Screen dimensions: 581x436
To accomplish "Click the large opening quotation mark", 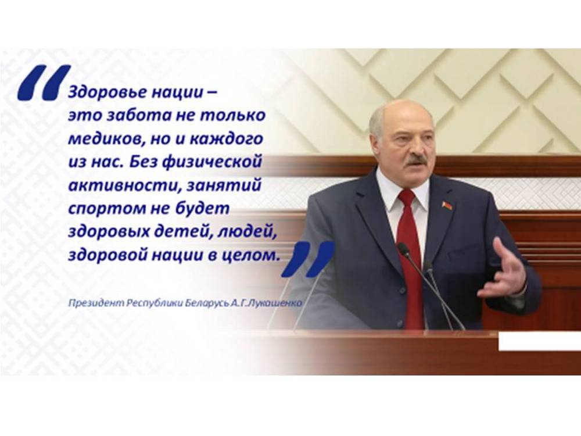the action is click(x=44, y=83).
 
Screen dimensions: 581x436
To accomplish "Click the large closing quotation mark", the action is click(x=308, y=259).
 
